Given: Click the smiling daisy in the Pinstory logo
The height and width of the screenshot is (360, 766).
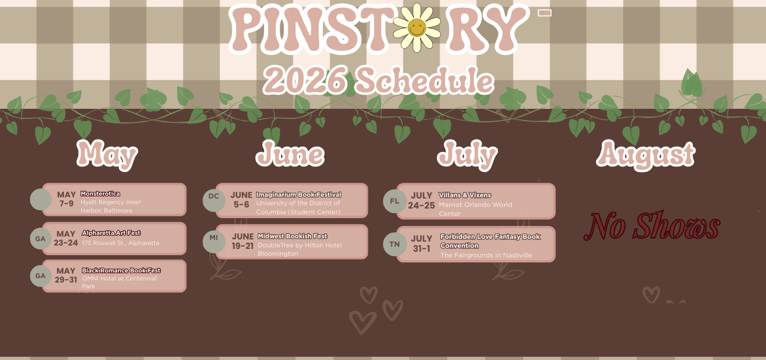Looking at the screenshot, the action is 417,27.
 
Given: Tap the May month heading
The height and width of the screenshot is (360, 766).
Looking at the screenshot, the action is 107,155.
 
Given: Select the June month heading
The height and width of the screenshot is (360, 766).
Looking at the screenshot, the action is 290,154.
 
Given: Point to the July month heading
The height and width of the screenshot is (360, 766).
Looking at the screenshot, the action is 468,155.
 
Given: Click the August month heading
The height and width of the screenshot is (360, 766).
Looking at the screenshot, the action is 645,155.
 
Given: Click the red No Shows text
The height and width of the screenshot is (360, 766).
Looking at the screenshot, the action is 652,225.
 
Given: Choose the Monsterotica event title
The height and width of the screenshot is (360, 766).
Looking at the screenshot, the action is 100,193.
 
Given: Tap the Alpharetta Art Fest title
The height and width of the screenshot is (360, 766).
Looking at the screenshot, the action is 111,233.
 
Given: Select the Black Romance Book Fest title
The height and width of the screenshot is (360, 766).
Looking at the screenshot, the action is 121,270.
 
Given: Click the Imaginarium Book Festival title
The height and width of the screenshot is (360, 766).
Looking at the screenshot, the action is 298,195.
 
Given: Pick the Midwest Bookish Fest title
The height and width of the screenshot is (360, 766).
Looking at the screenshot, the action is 292,236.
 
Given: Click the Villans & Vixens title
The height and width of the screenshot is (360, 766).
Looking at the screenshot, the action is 465,195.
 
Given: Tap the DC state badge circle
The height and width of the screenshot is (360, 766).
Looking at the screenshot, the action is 214,200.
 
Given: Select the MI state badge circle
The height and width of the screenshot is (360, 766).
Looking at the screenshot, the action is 214,242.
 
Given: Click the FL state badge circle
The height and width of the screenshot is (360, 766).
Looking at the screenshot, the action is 395,201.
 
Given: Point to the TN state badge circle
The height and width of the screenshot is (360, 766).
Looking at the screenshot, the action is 395,244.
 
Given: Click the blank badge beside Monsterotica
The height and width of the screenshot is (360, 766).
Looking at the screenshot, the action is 41,199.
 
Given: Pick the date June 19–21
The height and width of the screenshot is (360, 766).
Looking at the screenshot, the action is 242,241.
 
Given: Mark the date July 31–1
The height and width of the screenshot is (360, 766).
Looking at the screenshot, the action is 421,243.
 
